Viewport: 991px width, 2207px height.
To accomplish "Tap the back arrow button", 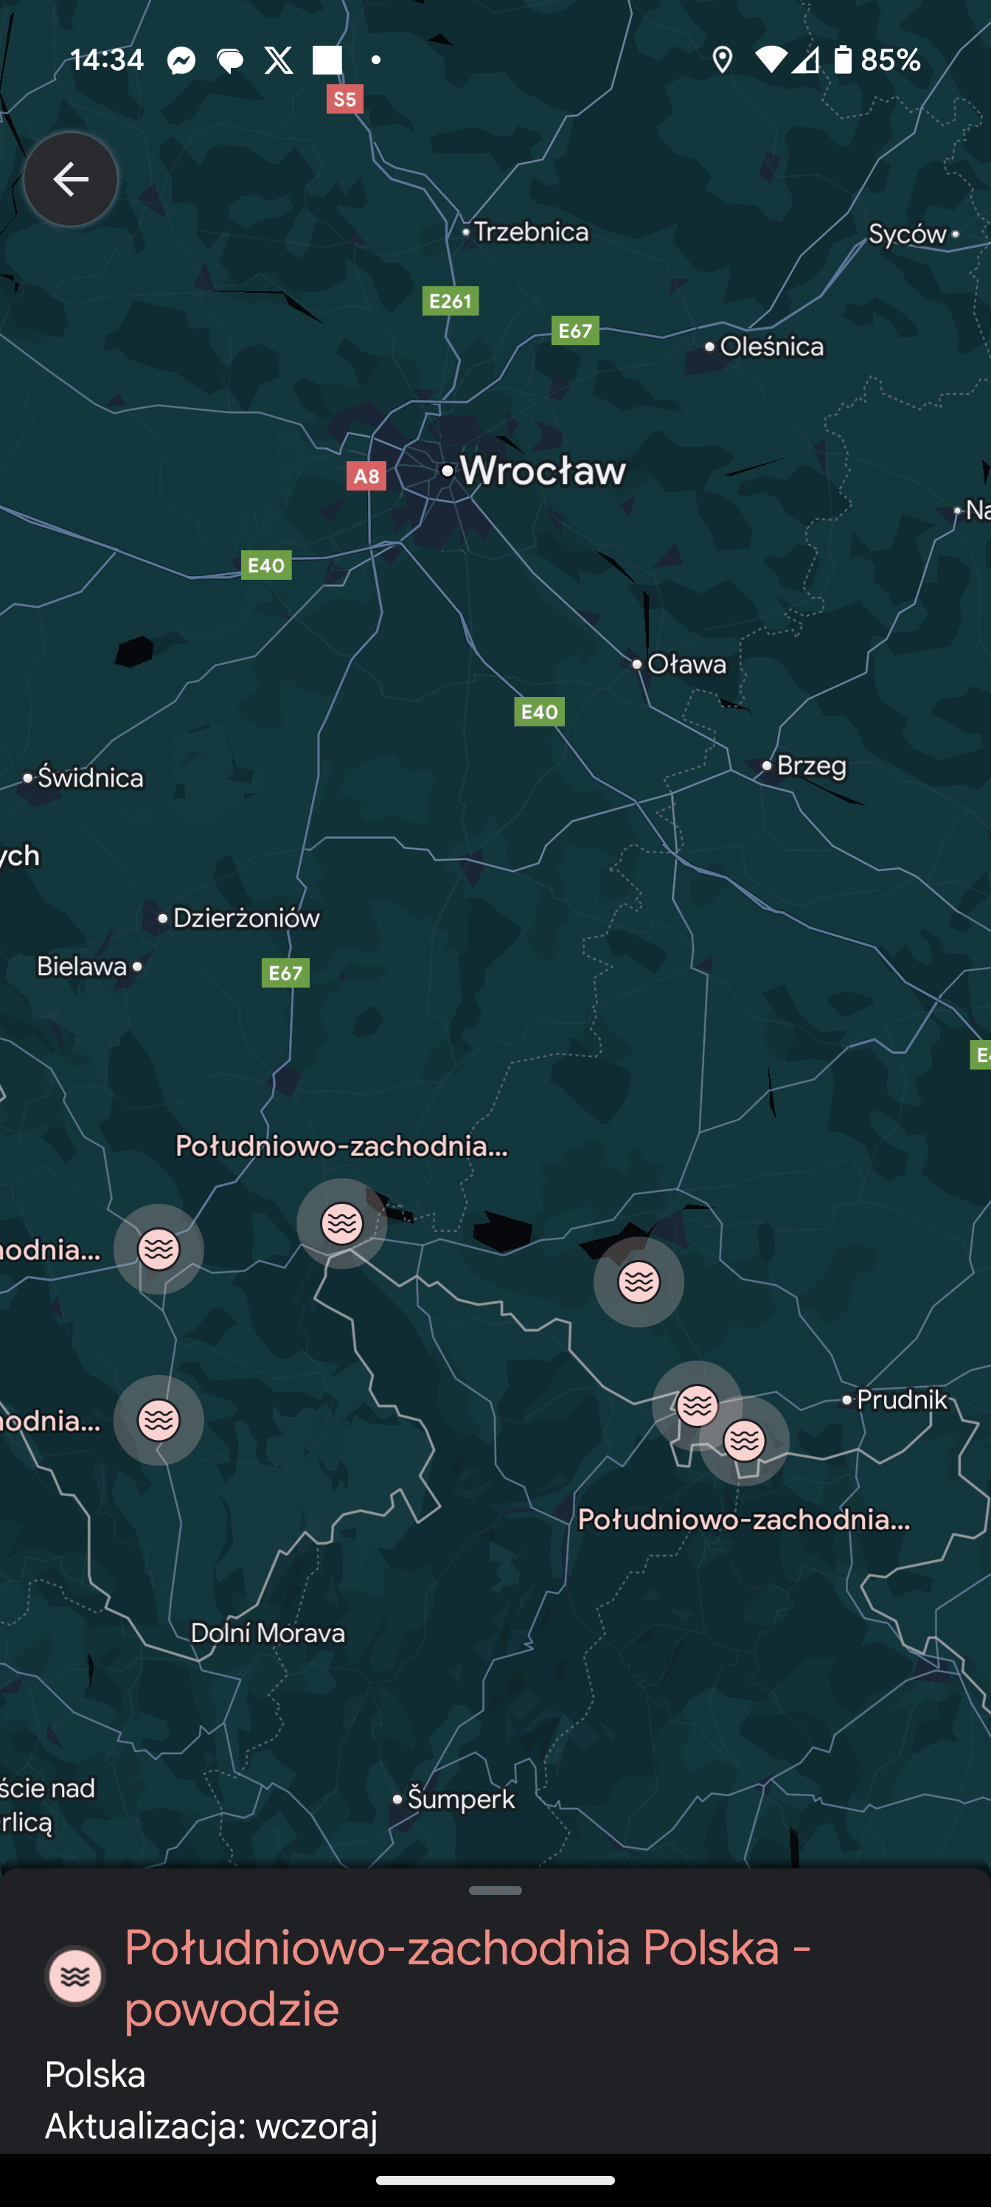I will pyautogui.click(x=70, y=179).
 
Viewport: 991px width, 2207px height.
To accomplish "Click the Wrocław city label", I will pyautogui.click(x=542, y=471).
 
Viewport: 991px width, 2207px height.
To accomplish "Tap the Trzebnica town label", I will pyautogui.click(x=530, y=232).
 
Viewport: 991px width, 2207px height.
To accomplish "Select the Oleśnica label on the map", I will pyautogui.click(x=771, y=346).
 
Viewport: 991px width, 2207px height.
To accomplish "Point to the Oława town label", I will pyautogui.click(x=686, y=664).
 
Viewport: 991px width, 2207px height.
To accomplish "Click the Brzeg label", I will pyautogui.click(x=810, y=765).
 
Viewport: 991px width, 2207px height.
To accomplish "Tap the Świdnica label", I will pyautogui.click(x=90, y=778).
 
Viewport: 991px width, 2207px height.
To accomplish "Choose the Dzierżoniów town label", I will pyautogui.click(x=246, y=918).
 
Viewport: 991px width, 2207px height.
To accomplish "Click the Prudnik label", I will pyautogui.click(x=901, y=1400).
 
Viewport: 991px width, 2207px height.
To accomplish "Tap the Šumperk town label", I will pyautogui.click(x=460, y=1799).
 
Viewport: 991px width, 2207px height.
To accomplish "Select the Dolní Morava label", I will pyautogui.click(x=267, y=1633).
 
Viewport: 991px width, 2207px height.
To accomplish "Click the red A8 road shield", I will pyautogui.click(x=366, y=477).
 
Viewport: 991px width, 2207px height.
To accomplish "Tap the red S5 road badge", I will pyautogui.click(x=344, y=100).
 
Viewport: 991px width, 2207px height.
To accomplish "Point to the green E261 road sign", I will pyautogui.click(x=451, y=301).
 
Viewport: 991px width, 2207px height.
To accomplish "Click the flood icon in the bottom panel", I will pyautogui.click(x=75, y=1975).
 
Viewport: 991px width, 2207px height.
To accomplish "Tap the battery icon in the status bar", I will pyautogui.click(x=843, y=59).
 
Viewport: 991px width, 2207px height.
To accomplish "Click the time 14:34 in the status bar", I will pyautogui.click(x=107, y=59).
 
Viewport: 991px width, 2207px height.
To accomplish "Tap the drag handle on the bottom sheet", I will pyautogui.click(x=495, y=1890).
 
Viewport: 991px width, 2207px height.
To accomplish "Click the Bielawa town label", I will pyautogui.click(x=83, y=966).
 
